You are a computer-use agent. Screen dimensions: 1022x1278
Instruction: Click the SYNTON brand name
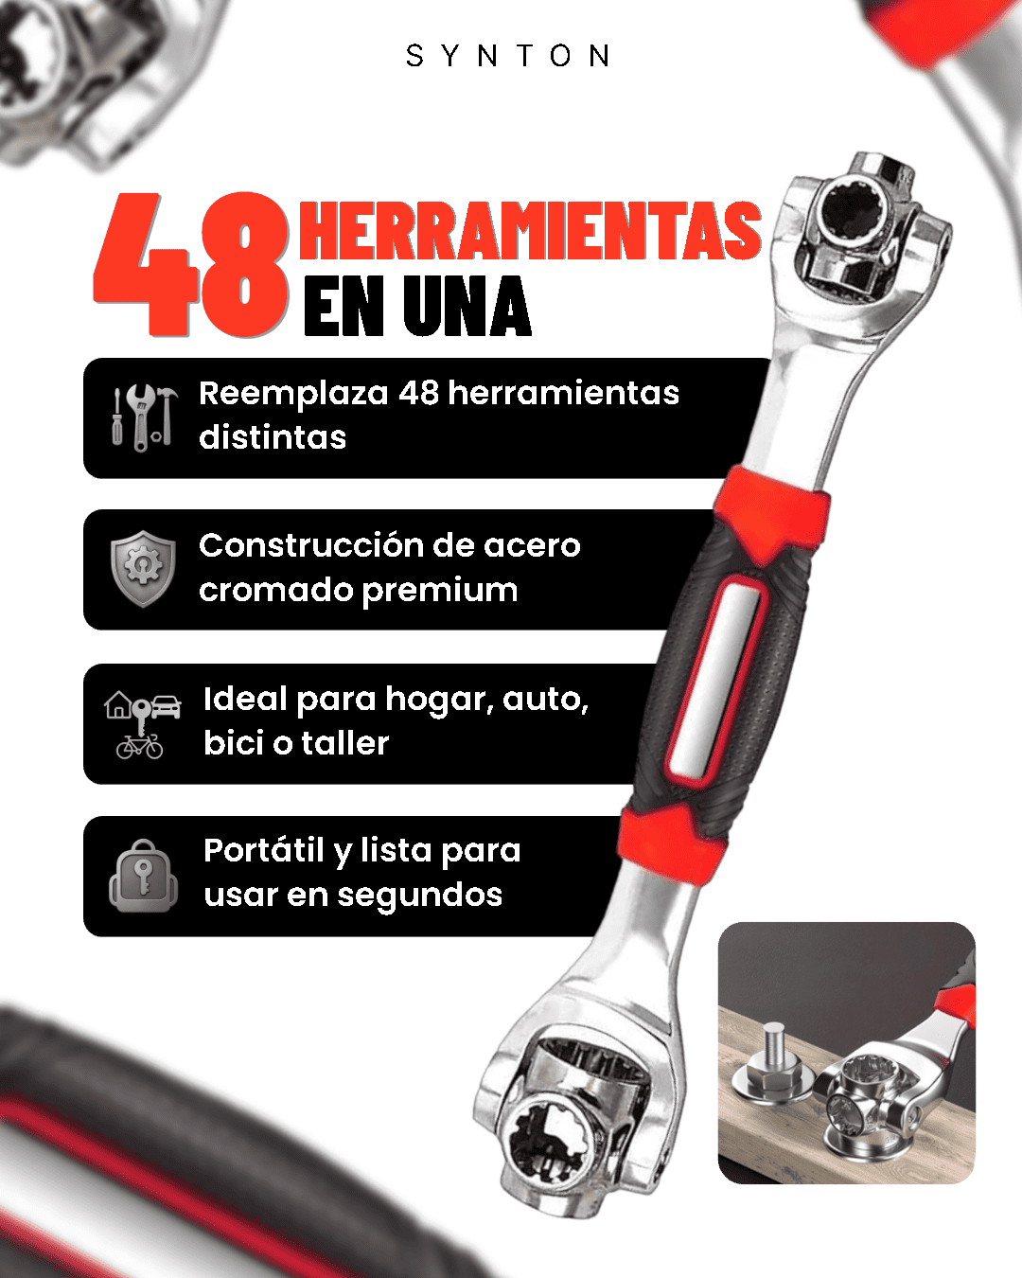point(508,57)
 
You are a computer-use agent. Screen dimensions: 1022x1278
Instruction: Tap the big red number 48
point(192,265)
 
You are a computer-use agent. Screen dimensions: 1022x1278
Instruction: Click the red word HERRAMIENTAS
point(530,231)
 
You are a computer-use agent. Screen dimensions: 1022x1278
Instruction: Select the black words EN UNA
point(417,307)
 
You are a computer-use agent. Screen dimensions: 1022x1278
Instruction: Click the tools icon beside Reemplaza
point(145,417)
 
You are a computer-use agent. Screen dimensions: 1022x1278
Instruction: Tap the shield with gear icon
point(143,569)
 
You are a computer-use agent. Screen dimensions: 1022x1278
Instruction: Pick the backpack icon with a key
point(143,876)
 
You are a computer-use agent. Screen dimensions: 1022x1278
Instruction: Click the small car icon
point(167,707)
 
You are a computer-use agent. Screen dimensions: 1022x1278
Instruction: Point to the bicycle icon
point(139,747)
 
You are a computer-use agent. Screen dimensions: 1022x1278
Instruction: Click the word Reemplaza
point(293,395)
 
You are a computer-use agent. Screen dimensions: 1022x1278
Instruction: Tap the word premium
point(439,592)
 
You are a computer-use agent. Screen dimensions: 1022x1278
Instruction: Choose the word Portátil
point(264,850)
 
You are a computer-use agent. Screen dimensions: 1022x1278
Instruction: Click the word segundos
point(420,896)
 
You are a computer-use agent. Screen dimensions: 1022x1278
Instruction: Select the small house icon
point(118,705)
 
